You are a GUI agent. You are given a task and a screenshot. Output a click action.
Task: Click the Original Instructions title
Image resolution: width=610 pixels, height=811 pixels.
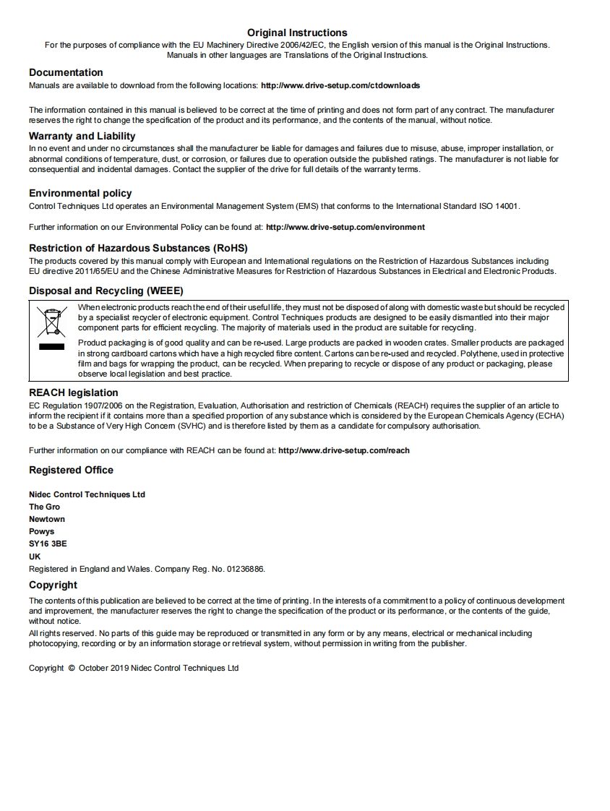pyautogui.click(x=297, y=33)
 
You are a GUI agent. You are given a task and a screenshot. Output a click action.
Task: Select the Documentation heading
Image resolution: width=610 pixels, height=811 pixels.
pyautogui.click(x=66, y=72)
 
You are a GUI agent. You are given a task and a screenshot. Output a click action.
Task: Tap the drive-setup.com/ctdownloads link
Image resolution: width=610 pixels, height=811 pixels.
pyautogui.click(x=340, y=85)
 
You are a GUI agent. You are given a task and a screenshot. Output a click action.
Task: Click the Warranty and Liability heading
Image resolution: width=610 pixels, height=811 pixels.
pyautogui.click(x=82, y=136)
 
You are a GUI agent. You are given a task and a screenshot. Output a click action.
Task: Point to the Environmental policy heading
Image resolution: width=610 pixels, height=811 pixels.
pyautogui.click(x=80, y=193)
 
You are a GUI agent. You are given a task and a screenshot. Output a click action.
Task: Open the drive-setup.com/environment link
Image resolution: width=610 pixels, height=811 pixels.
pyautogui.click(x=345, y=227)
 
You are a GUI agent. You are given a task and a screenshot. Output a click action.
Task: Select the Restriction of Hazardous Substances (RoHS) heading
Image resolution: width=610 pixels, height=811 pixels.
pyautogui.click(x=138, y=248)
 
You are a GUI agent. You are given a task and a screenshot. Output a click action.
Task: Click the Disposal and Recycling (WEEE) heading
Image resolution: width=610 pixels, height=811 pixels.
pyautogui.click(x=106, y=291)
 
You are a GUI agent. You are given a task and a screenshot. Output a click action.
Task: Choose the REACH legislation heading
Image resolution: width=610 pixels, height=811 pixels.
pyautogui.click(x=73, y=392)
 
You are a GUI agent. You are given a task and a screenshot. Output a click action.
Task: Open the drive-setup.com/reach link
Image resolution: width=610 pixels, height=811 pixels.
pyautogui.click(x=343, y=450)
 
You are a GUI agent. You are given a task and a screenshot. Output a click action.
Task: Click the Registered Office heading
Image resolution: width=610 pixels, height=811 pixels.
pyautogui.click(x=71, y=470)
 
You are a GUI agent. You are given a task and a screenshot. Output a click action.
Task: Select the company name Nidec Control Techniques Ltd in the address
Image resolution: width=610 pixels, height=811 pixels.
pyautogui.click(x=87, y=494)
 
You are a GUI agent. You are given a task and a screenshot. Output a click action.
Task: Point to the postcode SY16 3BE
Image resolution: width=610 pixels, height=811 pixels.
pyautogui.click(x=48, y=544)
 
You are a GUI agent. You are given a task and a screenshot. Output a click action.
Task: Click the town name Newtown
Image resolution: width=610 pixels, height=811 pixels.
pyautogui.click(x=47, y=519)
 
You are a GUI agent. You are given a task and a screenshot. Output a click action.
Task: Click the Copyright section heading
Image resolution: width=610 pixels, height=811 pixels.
pyautogui.click(x=53, y=585)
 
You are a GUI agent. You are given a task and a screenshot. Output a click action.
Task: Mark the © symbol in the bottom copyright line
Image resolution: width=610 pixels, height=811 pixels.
pyautogui.click(x=72, y=668)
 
